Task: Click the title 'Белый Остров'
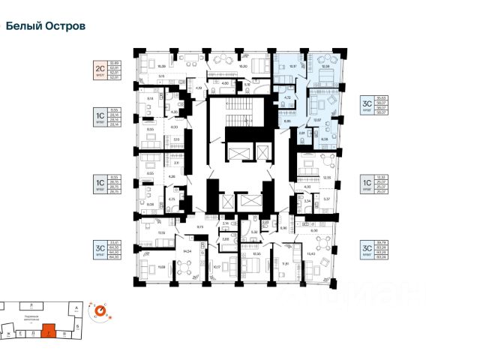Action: pos(46,25)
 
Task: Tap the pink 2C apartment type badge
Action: pos(98,70)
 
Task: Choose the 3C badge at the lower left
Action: pos(98,251)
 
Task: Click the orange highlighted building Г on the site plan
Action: pos(49,328)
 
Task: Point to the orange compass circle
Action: pos(99,310)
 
